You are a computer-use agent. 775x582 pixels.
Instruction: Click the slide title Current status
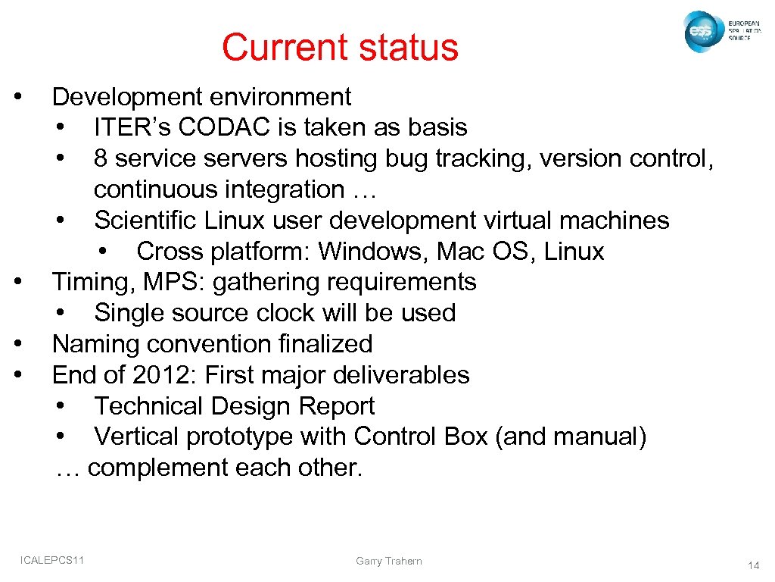pos(340,47)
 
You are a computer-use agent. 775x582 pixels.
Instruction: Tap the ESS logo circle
pos(701,32)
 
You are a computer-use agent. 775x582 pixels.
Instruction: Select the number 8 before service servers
pos(101,158)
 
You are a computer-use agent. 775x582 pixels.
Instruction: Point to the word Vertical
pos(136,437)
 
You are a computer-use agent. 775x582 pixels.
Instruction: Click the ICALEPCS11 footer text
pos(53,560)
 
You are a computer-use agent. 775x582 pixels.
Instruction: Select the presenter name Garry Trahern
pos(388,562)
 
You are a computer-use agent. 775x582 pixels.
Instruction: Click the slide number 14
pos(753,565)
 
